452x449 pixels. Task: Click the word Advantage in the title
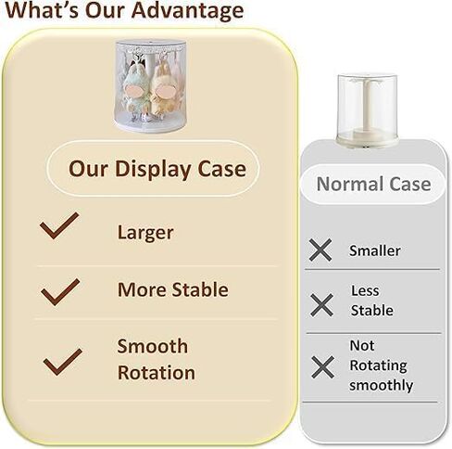(x=187, y=11)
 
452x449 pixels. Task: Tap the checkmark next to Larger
(x=59, y=225)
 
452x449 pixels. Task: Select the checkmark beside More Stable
(x=60, y=292)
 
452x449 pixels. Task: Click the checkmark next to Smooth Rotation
(x=63, y=362)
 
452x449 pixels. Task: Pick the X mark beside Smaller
(x=320, y=250)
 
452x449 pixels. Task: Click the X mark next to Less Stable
(x=321, y=305)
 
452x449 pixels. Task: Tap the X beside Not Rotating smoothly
(x=322, y=367)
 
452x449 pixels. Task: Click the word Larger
(x=145, y=233)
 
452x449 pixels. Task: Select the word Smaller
(x=375, y=250)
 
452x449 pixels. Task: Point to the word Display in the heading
(x=153, y=170)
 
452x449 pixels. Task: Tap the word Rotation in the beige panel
(x=157, y=372)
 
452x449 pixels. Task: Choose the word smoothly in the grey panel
(x=382, y=385)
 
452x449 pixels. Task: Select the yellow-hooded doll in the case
(x=163, y=91)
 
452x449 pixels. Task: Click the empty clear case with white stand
(x=367, y=110)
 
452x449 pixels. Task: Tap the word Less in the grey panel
(x=365, y=290)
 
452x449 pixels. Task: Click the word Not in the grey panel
(x=362, y=345)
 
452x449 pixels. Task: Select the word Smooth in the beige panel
(x=153, y=346)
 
